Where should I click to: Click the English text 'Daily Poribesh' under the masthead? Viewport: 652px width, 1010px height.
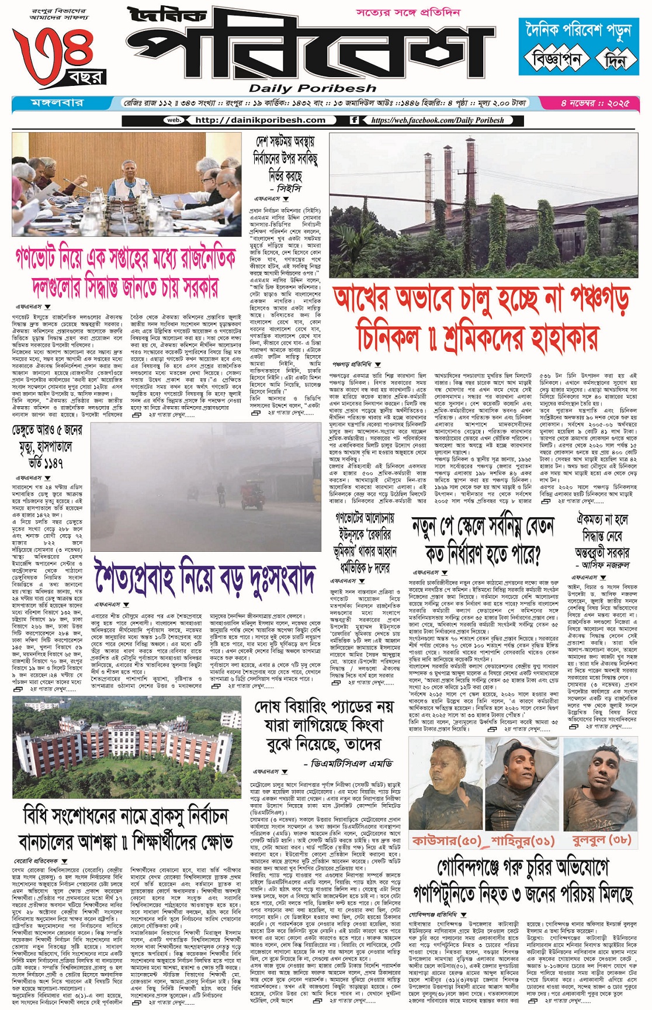click(x=313, y=88)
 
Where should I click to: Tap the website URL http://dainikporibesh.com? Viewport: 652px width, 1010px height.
click(x=260, y=120)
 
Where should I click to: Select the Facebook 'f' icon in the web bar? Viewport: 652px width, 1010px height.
click(x=354, y=120)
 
